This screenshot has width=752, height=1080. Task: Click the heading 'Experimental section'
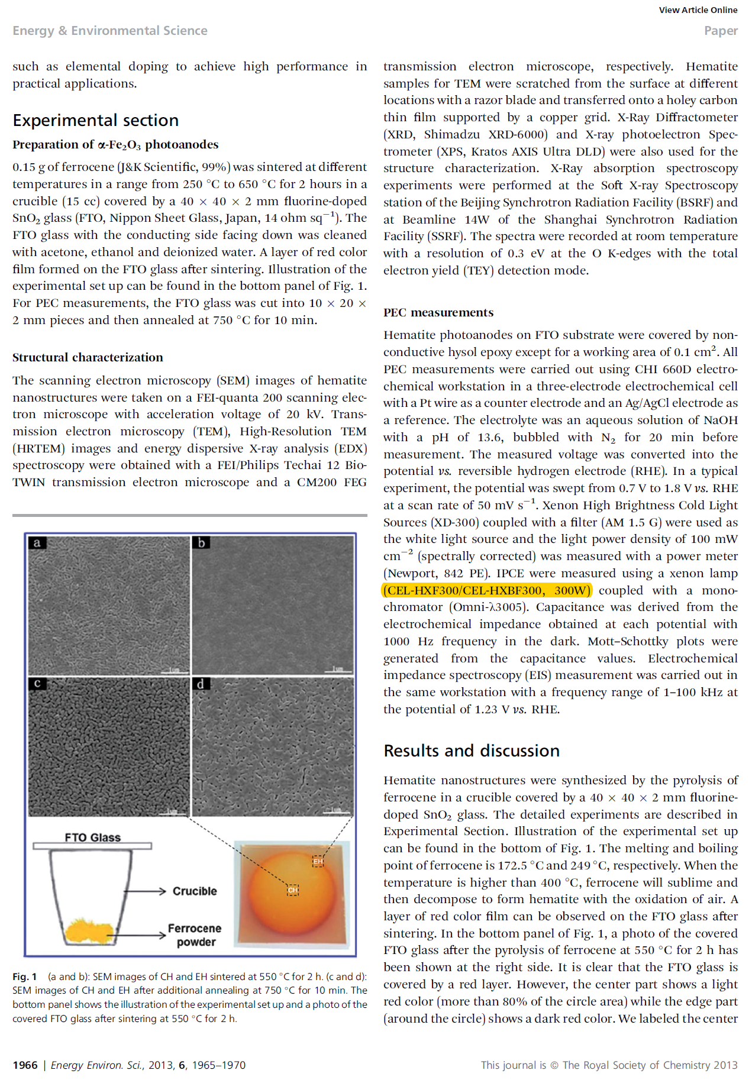pos(95,120)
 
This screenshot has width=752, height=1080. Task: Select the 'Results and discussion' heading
pos(471,751)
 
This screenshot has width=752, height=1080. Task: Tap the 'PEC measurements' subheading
pos(438,312)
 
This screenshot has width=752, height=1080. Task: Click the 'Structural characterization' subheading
pos(88,357)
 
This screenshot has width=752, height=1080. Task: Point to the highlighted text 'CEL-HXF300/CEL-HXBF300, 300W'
pos(487,590)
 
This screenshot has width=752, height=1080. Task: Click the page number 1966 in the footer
pos(25,1065)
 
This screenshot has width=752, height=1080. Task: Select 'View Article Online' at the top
pos(698,10)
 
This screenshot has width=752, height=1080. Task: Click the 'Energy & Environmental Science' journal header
pos(110,31)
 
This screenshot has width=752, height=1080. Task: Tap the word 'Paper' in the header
pos(720,31)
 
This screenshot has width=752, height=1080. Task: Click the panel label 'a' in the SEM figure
pos(37,543)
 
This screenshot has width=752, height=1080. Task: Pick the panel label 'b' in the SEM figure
pos(201,543)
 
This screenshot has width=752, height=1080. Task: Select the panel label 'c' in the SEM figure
pos(37,684)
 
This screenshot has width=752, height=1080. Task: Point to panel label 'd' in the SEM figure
pos(201,684)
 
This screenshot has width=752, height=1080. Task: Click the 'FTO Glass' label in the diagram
pos(92,838)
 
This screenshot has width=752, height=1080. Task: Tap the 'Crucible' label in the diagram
pos(195,891)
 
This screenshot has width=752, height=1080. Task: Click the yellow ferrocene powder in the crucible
pos(89,931)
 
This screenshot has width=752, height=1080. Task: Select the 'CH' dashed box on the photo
pos(293,890)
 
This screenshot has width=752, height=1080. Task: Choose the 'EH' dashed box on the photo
pos(318,861)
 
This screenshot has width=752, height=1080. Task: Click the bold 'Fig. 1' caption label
pos(25,976)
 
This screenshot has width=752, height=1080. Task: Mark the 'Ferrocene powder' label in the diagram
pos(195,935)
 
